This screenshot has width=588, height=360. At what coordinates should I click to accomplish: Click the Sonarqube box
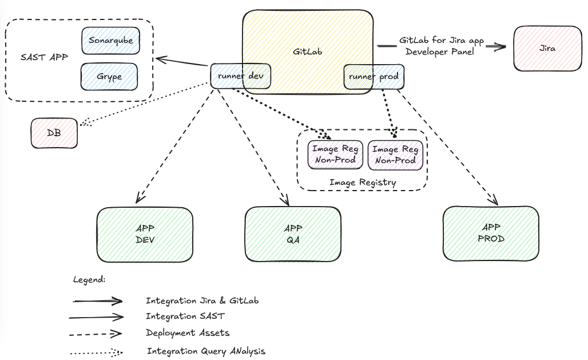(x=110, y=41)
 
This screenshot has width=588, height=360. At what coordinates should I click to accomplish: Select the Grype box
(x=109, y=77)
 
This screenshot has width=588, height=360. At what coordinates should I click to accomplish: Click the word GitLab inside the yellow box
(x=308, y=52)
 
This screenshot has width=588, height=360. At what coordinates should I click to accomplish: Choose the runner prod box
(x=374, y=77)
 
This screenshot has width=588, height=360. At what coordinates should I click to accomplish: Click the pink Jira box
(x=547, y=49)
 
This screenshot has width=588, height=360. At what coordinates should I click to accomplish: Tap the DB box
(x=54, y=133)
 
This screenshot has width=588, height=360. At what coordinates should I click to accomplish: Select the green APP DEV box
(x=145, y=234)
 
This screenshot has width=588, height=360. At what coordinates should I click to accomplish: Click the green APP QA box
(x=293, y=234)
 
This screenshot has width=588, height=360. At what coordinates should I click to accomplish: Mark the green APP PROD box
(x=491, y=234)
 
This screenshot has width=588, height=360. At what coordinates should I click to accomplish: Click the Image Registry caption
(x=363, y=183)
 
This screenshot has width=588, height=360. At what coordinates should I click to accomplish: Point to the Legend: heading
(x=89, y=280)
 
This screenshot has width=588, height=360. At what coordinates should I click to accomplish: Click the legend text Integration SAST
(x=185, y=316)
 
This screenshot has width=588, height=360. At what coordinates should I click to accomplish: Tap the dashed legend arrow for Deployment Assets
(x=96, y=333)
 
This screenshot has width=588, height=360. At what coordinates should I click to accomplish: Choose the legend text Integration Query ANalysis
(x=206, y=351)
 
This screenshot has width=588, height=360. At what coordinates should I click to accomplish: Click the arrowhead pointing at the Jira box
(x=501, y=47)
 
